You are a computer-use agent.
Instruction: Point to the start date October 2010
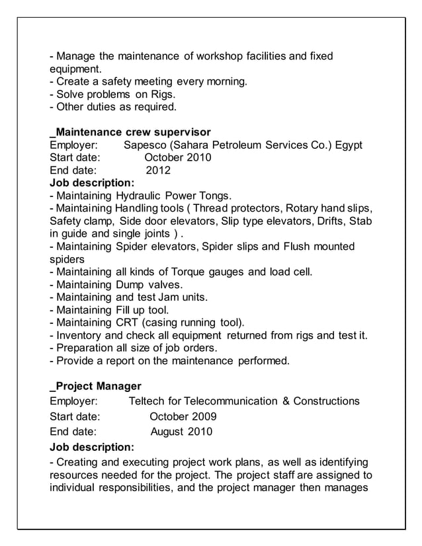[x=177, y=157]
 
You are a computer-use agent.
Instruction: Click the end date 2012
[x=158, y=171]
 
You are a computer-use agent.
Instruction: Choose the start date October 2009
[x=183, y=417]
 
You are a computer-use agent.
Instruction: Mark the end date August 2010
[x=181, y=432]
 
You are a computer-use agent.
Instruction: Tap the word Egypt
[x=348, y=145]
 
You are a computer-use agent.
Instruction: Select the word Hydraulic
[x=138, y=196]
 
